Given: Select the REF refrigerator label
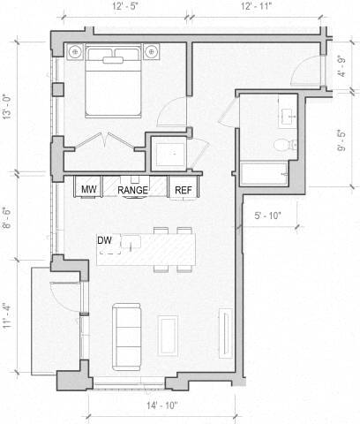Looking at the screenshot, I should point(184,190).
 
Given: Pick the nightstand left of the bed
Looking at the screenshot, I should point(75,49).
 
